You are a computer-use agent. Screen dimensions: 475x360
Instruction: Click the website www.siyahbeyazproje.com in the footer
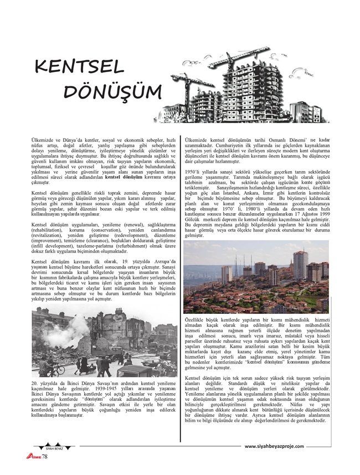click(274, 446)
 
